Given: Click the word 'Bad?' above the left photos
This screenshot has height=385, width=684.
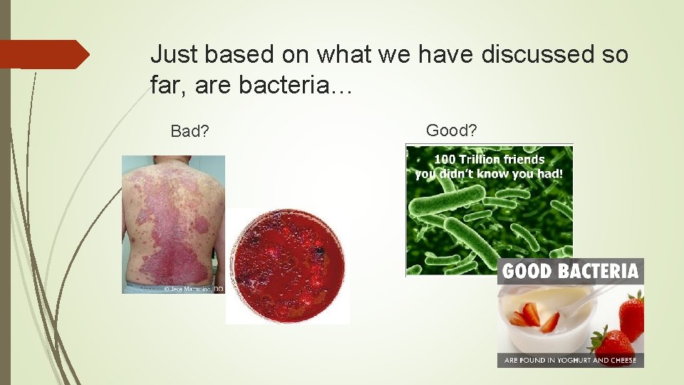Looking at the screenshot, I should click(190, 131).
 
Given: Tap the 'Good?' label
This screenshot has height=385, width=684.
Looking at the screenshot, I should click(452, 130).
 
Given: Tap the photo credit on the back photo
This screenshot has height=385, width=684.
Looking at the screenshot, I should click(192, 289).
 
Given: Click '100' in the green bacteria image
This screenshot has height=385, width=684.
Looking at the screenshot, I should click(447, 160).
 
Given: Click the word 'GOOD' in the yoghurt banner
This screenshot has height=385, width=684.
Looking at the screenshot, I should click(529, 271).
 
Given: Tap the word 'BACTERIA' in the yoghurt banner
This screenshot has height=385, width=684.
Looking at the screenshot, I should click(599, 271).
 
